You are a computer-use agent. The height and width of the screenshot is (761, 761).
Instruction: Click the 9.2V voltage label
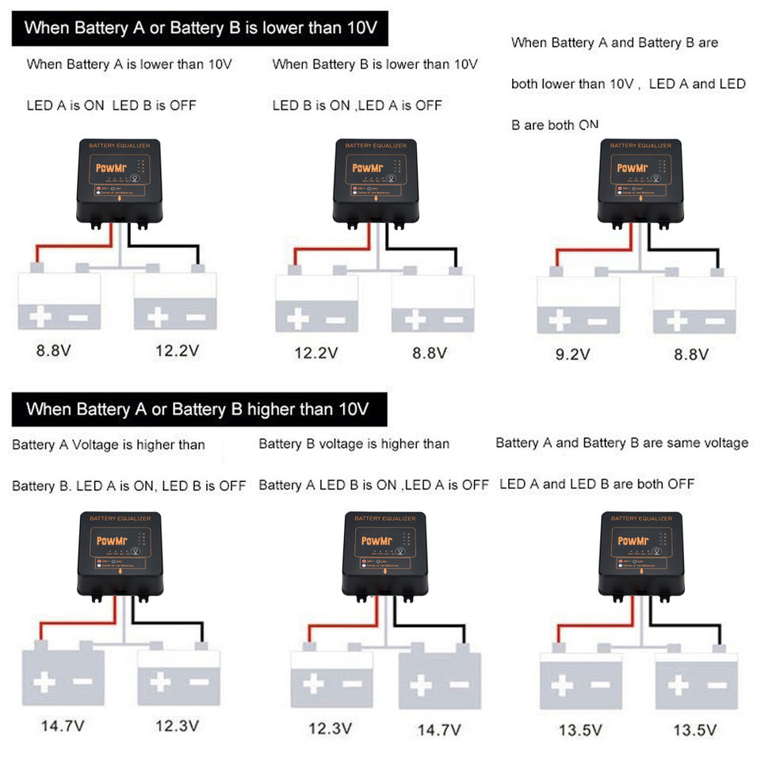(x=572, y=354)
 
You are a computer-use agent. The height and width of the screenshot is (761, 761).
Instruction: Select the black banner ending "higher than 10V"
(x=197, y=409)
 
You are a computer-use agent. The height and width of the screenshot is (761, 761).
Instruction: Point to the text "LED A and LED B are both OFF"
(x=596, y=484)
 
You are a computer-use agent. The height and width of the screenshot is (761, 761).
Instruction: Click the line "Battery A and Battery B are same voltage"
(x=621, y=442)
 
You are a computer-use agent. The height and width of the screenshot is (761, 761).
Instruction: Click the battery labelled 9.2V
(x=578, y=304)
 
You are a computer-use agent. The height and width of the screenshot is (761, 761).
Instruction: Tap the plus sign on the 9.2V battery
(x=560, y=320)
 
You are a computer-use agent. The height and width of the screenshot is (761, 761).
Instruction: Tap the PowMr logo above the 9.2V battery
(x=632, y=168)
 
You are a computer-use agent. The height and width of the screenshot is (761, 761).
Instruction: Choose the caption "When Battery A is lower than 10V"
(x=129, y=64)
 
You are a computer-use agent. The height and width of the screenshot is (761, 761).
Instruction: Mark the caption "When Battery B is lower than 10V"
(x=375, y=64)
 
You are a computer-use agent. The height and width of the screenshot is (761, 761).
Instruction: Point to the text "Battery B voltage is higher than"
(x=354, y=444)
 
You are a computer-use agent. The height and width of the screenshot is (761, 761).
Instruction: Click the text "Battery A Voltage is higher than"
(x=109, y=445)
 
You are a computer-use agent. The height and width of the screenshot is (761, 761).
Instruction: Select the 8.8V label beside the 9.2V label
(x=690, y=354)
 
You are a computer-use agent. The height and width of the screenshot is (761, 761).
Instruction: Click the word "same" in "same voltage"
(x=671, y=442)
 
